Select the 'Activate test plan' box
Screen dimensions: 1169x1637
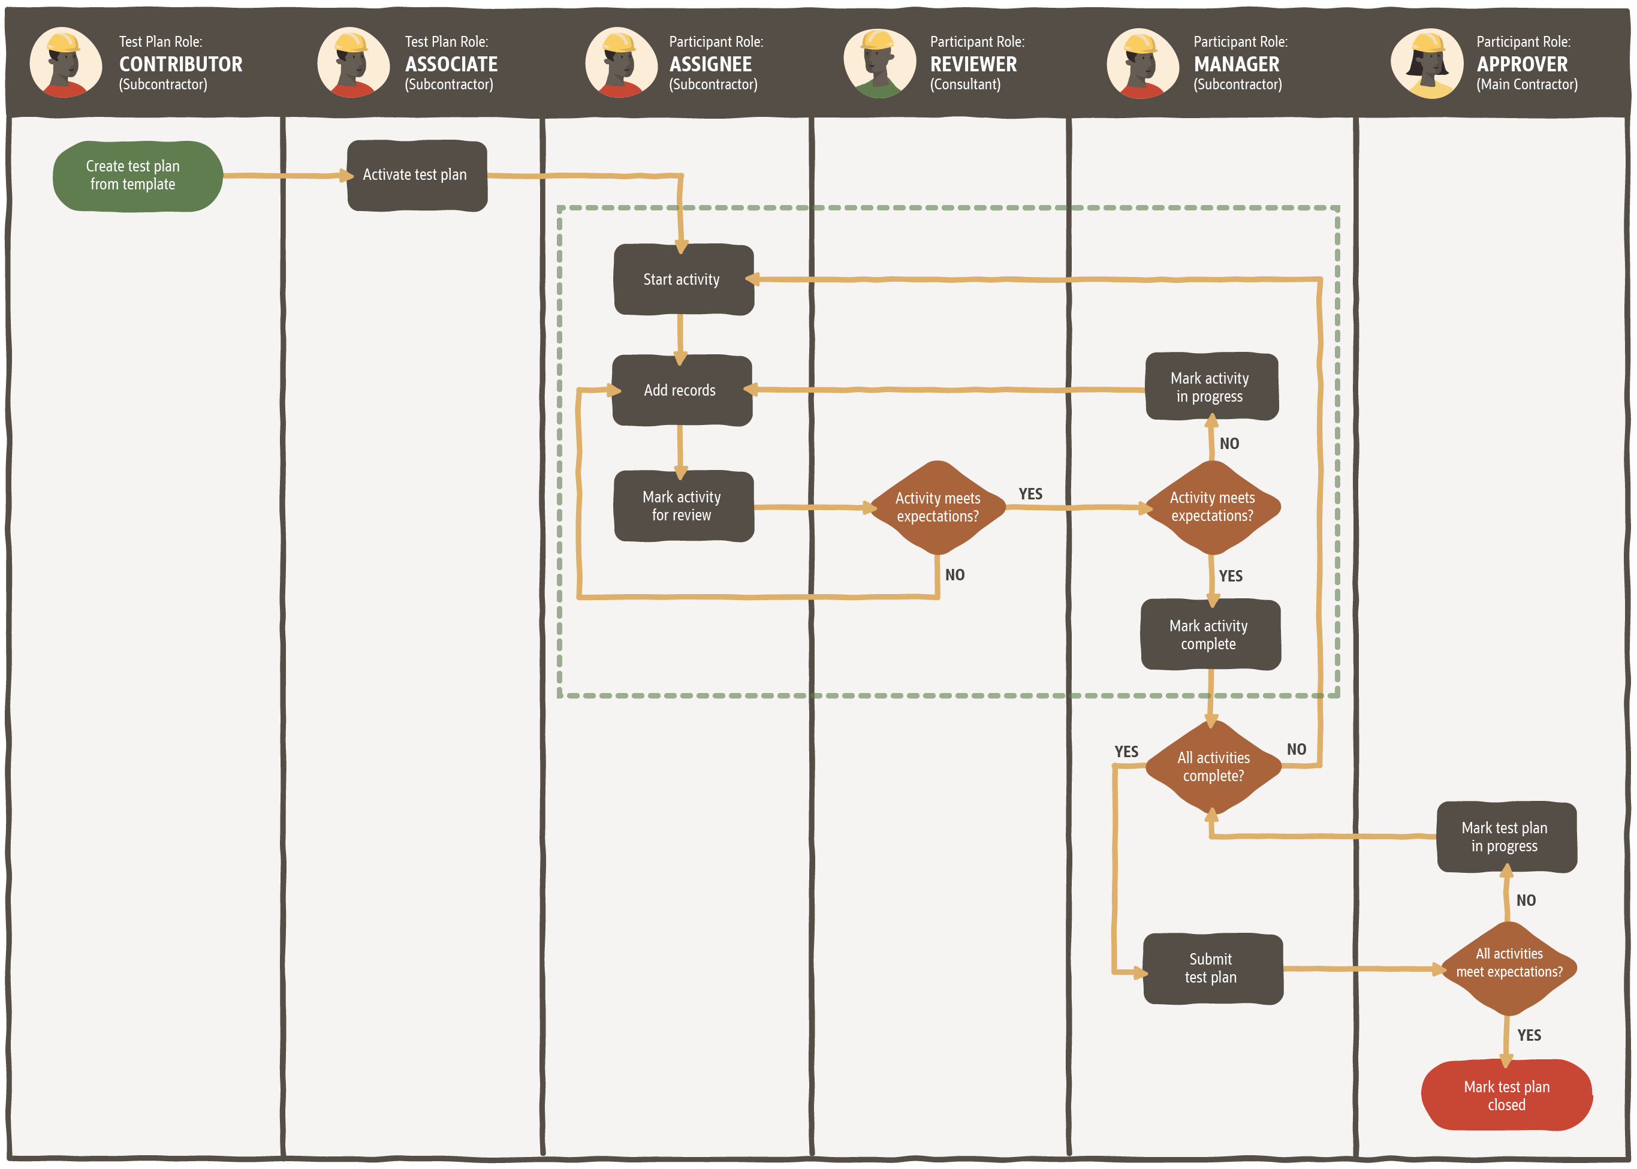[x=417, y=175]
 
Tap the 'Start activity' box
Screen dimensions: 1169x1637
[x=683, y=279]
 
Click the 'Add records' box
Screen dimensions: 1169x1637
[x=682, y=390]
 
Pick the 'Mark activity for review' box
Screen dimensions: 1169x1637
[x=683, y=506]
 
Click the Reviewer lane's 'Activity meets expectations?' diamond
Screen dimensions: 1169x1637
[x=937, y=508]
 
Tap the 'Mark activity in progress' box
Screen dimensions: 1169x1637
[x=1211, y=387]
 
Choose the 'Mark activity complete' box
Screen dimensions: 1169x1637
[x=1210, y=635]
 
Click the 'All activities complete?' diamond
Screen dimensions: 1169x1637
[x=1213, y=767]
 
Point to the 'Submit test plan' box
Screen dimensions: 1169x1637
[x=1213, y=968]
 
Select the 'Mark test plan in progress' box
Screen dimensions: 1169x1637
[x=1506, y=837]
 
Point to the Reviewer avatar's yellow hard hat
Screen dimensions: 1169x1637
[x=879, y=40]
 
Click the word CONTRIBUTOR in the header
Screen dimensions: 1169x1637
[x=180, y=64]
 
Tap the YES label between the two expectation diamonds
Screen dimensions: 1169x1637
[x=1030, y=494]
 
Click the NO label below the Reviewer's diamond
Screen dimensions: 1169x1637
[x=955, y=575]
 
